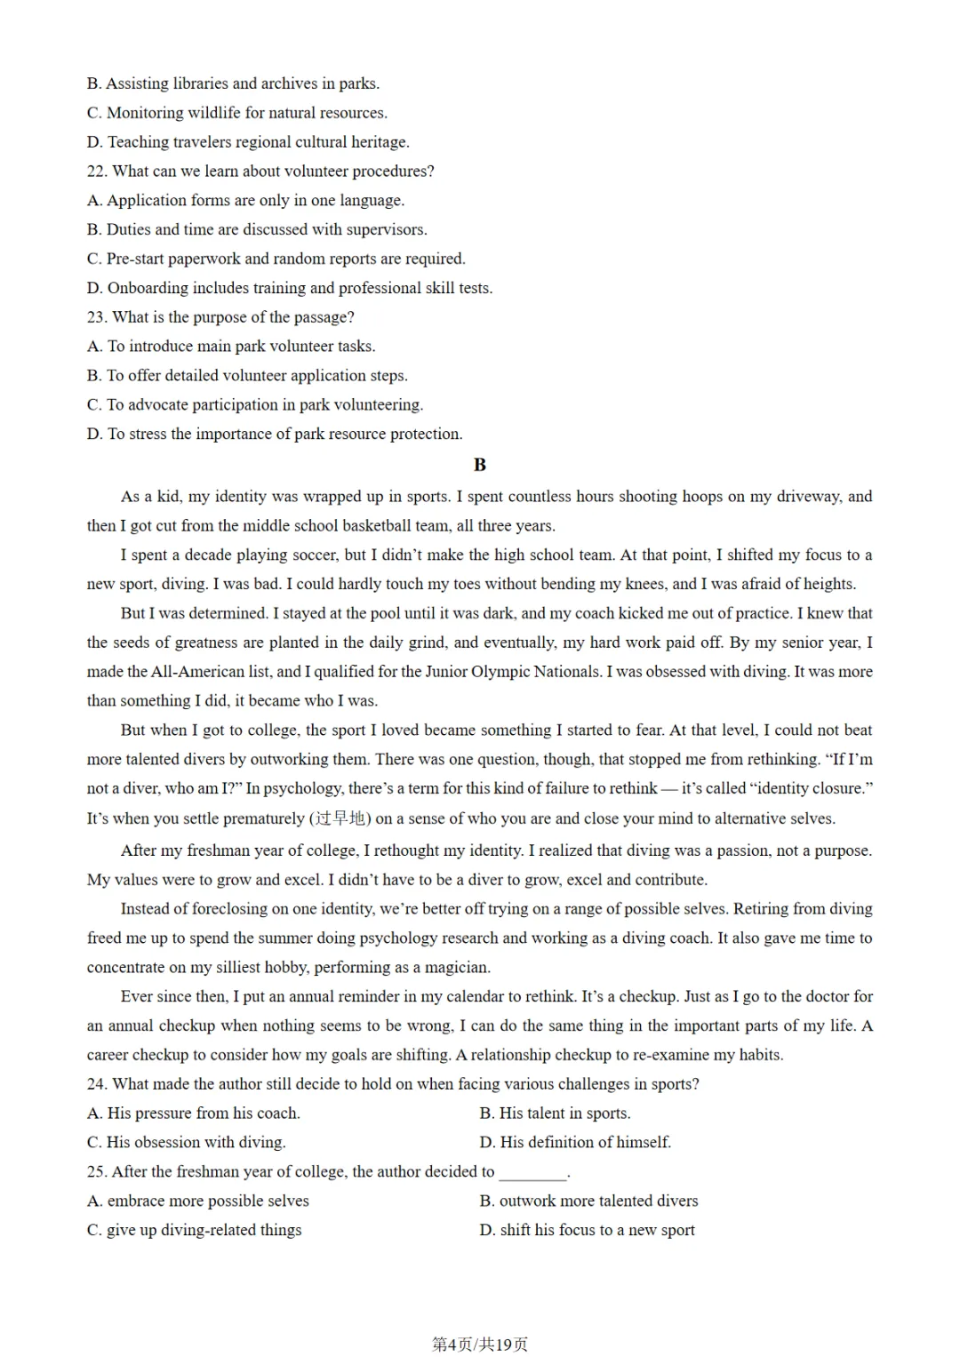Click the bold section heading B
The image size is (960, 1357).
coord(480,465)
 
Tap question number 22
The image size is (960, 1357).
coord(96,172)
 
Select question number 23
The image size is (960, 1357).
coord(96,317)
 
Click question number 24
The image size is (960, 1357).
coord(96,1084)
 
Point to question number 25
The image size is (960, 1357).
coord(96,1172)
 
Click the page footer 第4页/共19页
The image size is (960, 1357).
coord(480,1345)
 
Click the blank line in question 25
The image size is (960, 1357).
coord(532,1174)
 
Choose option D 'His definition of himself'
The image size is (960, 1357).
coord(575,1143)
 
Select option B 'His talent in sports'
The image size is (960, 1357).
coord(556,1114)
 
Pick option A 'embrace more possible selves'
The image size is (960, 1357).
coord(198,1201)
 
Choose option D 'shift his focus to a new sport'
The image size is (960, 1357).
coord(587,1231)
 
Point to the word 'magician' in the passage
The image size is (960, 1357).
coord(458,968)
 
